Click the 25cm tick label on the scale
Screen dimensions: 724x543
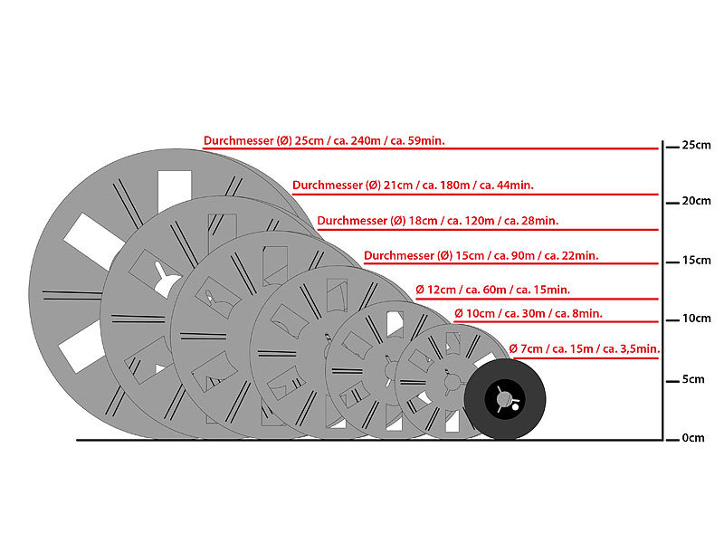(696, 145)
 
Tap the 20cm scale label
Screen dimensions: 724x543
(696, 201)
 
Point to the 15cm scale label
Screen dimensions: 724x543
(696, 261)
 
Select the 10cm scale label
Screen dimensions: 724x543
(696, 319)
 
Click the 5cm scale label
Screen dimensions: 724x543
(693, 379)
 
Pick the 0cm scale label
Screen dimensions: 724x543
(693, 438)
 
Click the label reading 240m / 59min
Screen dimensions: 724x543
(324, 140)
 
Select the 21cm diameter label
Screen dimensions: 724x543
(413, 186)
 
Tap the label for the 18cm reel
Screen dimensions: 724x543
(438, 221)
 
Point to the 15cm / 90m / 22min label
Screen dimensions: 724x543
(481, 256)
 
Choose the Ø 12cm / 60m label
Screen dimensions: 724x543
(492, 290)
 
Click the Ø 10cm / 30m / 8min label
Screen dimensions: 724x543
(529, 313)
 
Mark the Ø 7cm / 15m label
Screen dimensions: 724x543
(585, 348)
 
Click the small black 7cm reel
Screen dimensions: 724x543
(505, 399)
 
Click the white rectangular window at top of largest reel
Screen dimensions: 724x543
(175, 190)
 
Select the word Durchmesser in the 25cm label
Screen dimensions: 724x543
(239, 140)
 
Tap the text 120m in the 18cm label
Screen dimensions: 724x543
(480, 221)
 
